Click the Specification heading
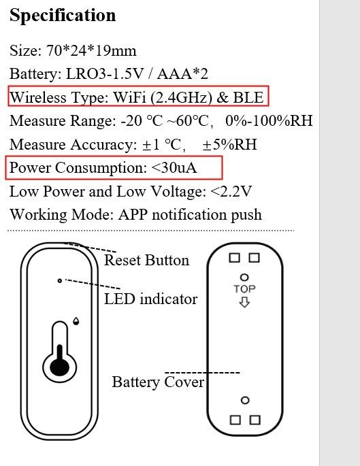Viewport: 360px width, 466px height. [x=63, y=16]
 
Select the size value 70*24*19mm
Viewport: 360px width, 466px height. [x=91, y=50]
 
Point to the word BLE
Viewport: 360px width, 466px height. [x=248, y=97]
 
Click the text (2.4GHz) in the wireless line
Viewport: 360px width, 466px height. [x=182, y=97]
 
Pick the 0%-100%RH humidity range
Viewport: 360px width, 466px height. [x=269, y=120]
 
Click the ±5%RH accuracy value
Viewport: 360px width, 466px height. [x=229, y=144]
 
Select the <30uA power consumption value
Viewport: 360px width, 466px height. [x=174, y=168]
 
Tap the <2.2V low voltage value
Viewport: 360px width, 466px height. [x=231, y=191]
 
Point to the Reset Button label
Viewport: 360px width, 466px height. [x=146, y=260]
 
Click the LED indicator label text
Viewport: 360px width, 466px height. [x=150, y=299]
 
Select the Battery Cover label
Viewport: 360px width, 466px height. [x=158, y=382]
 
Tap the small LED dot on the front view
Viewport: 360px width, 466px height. [x=60, y=280]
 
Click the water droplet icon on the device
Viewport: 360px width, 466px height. [x=76, y=321]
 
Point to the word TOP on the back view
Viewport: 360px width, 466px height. [x=244, y=289]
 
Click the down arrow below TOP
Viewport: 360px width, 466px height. [x=244, y=303]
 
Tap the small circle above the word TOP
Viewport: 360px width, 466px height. [x=244, y=278]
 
